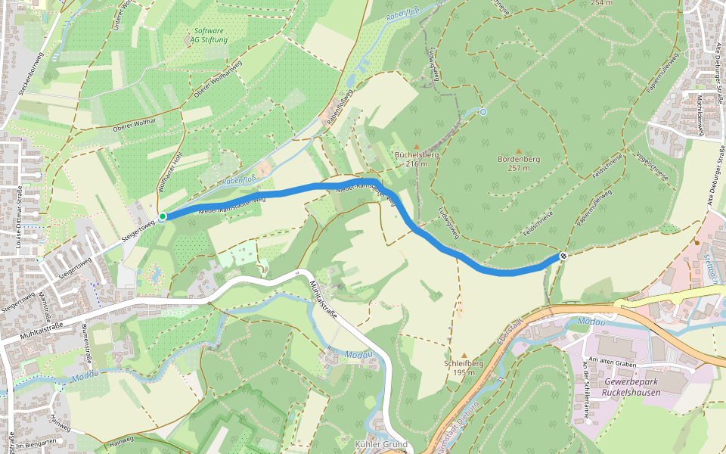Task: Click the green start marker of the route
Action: point(162,217)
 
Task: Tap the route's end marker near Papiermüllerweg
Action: point(563,257)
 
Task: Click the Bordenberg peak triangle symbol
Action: point(518,151)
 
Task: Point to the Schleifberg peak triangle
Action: point(464,355)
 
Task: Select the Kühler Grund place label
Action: point(381,444)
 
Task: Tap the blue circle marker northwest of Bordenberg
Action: point(483,112)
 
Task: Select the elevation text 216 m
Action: point(417,163)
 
